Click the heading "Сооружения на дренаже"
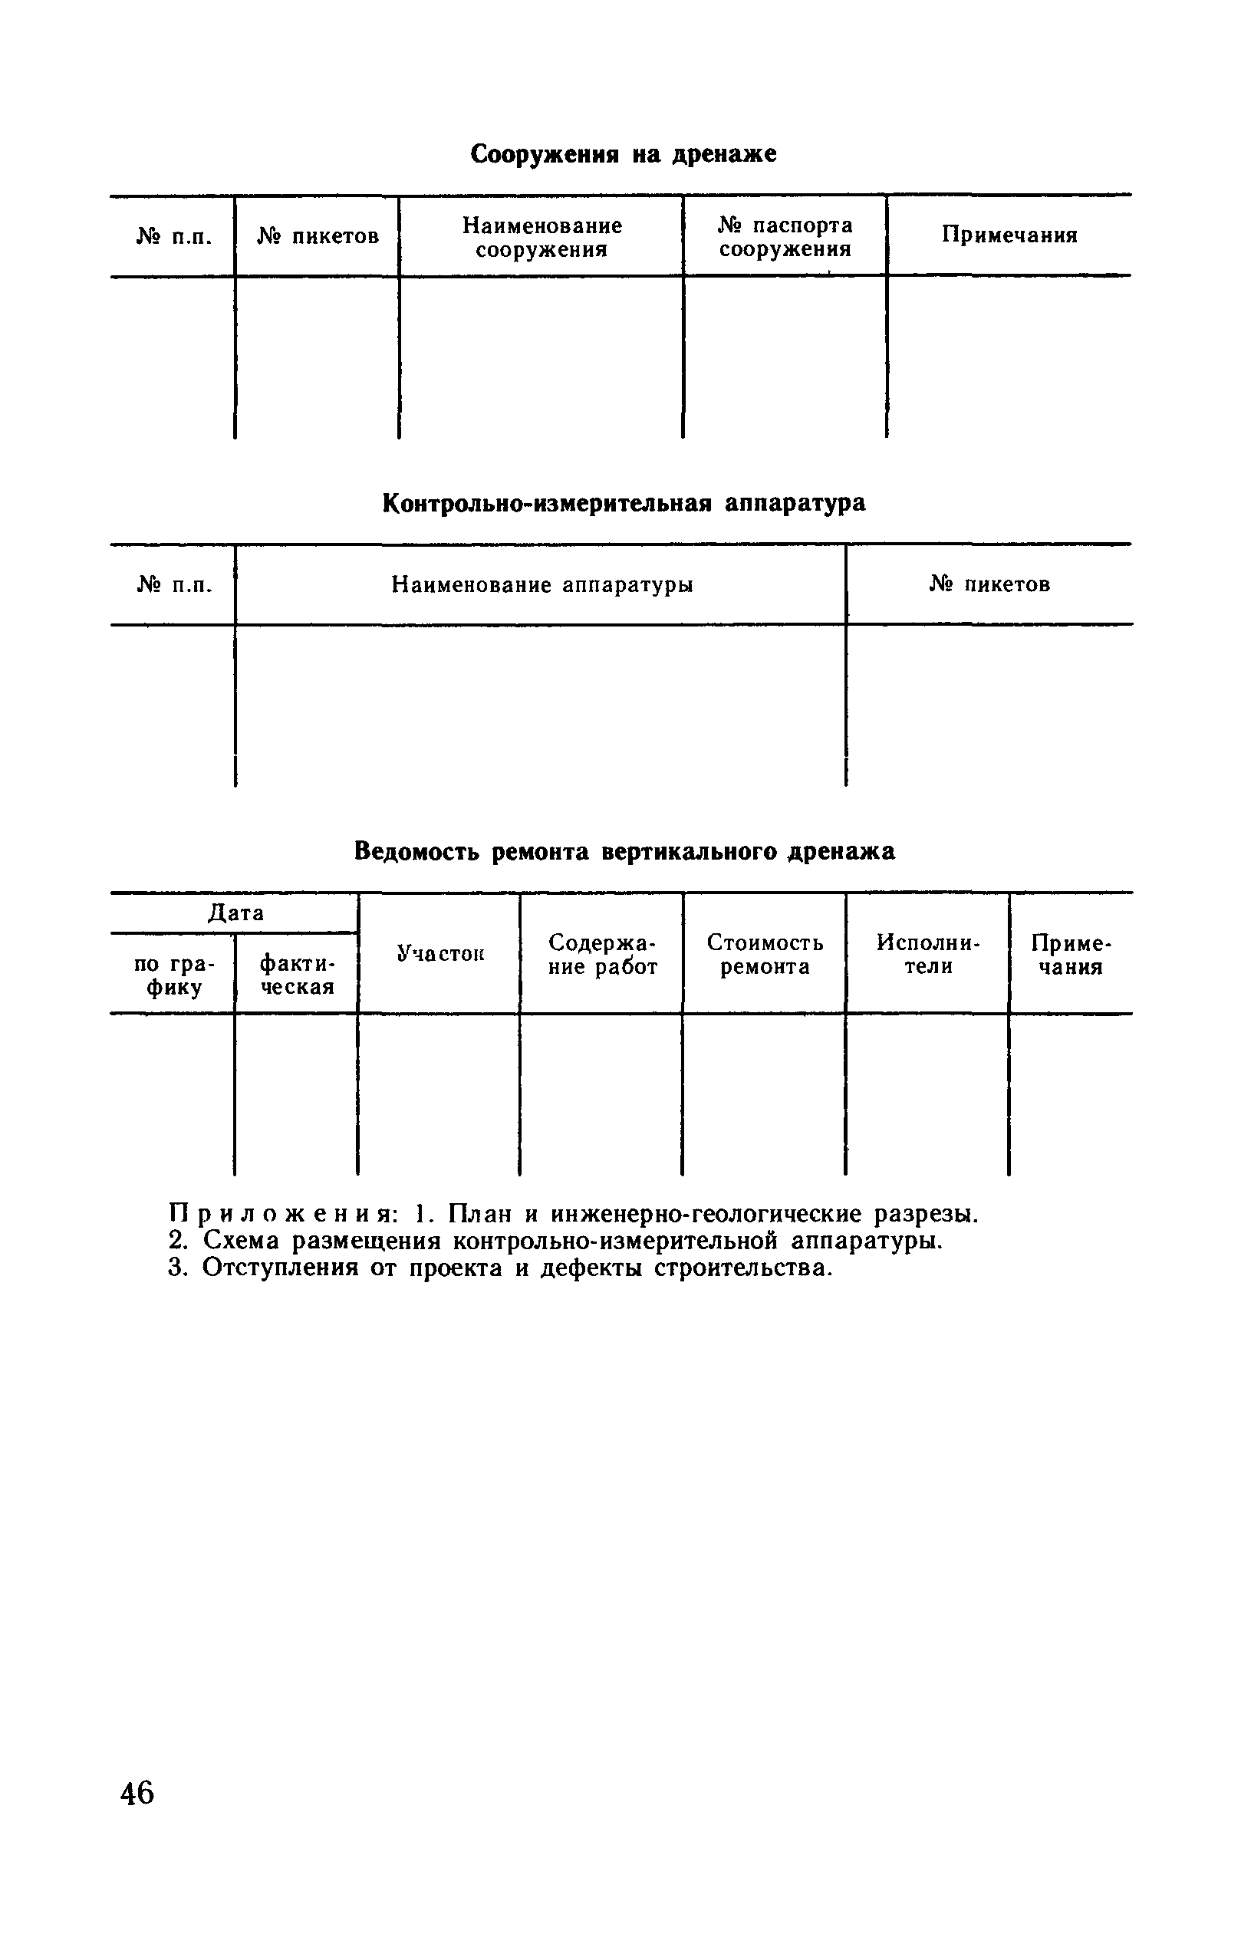[x=624, y=153]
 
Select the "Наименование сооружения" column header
[x=541, y=237]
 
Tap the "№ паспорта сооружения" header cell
[x=785, y=237]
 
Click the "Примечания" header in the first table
[x=1009, y=235]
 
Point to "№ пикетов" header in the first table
[x=318, y=236]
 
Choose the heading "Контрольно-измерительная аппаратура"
[x=624, y=503]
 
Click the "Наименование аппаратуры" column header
[x=541, y=584]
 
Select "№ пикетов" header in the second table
[x=989, y=584]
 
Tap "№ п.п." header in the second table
[x=174, y=584]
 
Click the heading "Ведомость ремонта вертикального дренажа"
[x=624, y=851]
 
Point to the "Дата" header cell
[x=235, y=913]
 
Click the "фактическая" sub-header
[x=297, y=975]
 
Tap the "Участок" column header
[x=439, y=954]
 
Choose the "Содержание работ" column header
[x=602, y=955]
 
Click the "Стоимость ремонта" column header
[x=765, y=955]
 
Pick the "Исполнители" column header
[x=927, y=955]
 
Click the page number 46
[x=137, y=1793]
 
